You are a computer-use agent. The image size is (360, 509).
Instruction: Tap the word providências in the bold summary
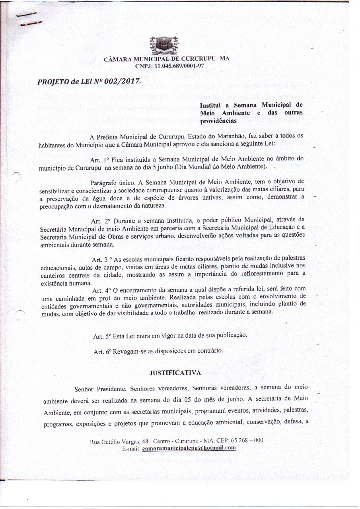pyautogui.click(x=218, y=120)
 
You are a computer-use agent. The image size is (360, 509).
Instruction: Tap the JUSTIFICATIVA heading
pyautogui.click(x=175, y=373)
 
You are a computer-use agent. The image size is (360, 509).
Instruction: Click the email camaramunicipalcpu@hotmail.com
pyautogui.click(x=189, y=448)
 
